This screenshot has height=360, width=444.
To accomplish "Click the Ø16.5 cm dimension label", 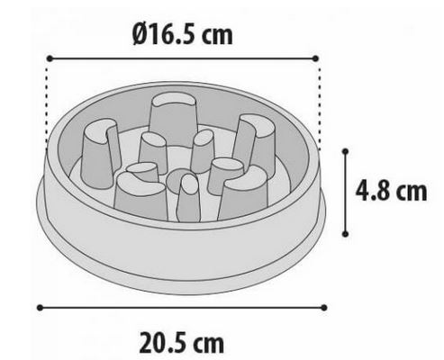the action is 183,34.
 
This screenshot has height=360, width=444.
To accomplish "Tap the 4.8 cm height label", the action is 391,191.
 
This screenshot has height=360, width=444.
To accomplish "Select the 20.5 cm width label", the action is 182,343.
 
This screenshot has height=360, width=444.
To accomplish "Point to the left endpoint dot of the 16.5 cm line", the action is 50,58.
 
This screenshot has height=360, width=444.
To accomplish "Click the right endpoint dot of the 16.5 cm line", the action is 315,58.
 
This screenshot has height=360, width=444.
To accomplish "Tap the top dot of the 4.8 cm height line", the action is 345,151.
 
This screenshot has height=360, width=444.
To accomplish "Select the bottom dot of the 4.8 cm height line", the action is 345,234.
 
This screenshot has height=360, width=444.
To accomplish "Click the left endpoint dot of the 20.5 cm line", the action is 40,308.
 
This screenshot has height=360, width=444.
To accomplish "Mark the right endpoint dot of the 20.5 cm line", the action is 323,308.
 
